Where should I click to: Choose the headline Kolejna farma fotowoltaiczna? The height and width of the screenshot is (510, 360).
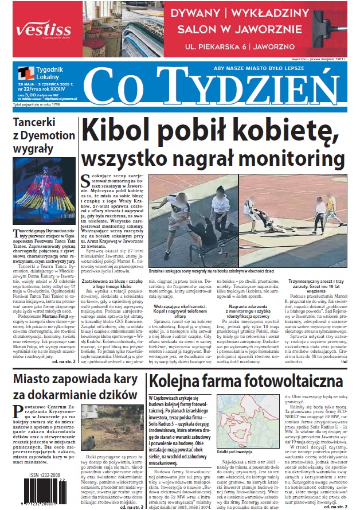(x=245, y=382)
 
